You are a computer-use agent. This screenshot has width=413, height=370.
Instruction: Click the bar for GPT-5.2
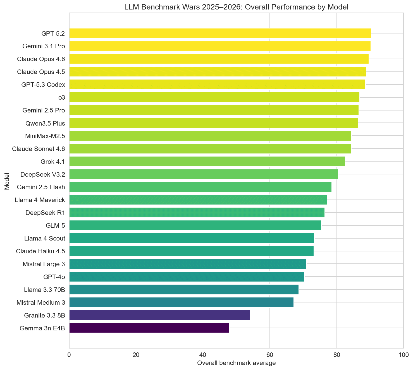220,33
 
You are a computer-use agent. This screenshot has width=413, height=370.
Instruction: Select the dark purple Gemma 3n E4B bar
149,328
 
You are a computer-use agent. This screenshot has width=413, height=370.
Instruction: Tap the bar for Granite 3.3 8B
159,315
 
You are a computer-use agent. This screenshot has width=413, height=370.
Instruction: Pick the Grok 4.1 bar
207,161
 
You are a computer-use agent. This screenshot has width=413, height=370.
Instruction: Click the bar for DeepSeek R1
197,213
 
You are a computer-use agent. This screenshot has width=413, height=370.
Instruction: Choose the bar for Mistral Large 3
188,264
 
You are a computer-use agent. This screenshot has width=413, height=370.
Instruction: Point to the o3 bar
214,97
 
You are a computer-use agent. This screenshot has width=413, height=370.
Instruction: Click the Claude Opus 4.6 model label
41,59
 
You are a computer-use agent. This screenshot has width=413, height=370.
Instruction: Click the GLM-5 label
55,225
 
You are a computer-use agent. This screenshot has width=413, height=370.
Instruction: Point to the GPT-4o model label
54,277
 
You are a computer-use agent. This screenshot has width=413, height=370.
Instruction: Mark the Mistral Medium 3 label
41,302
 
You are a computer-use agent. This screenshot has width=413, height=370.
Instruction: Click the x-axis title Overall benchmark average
236,363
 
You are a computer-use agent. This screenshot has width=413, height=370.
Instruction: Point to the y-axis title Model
7,181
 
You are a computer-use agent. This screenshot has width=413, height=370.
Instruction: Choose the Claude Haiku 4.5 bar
191,251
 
